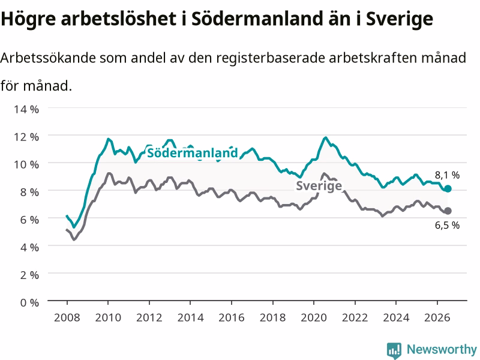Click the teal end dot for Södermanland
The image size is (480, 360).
pos(448,188)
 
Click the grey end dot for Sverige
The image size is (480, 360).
pos(448,211)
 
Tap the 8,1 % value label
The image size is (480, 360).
pos(447,175)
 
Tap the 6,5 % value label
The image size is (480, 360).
pos(447,226)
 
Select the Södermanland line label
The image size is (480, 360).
pos(192,152)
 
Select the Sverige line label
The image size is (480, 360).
pos(319,185)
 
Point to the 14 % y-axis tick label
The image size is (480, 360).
pos(26,109)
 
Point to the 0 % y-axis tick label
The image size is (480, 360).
pos(29,302)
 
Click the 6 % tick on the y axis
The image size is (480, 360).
pos(29,220)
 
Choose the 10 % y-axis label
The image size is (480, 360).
pos(26,164)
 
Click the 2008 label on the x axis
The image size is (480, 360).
pos(67,317)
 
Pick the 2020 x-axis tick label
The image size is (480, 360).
pos(314,317)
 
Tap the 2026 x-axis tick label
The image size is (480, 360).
pos(437,317)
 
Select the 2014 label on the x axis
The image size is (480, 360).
pos(190,317)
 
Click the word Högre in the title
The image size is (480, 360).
pos(28,19)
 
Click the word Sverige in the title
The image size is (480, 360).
pos(400,19)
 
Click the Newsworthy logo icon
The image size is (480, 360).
pos(394,350)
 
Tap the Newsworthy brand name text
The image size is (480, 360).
pos(442,349)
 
